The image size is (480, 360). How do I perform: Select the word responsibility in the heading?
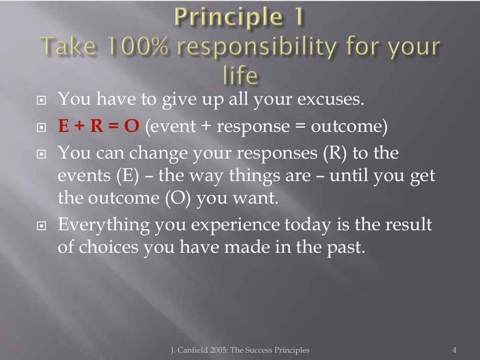tap(257, 48)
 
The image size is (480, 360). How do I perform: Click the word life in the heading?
tap(241, 75)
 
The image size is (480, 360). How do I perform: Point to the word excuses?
tap(331, 99)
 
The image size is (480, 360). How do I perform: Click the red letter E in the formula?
tap(63, 126)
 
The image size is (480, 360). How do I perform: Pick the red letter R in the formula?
tap(97, 126)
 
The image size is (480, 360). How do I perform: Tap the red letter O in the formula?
tap(132, 126)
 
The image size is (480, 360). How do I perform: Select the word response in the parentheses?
tap(253, 127)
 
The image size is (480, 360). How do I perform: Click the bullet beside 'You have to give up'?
tap(41, 100)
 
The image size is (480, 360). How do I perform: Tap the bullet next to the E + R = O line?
tap(41, 127)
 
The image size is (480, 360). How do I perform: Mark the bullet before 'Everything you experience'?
tap(41, 226)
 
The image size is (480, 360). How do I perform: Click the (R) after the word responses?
tap(335, 153)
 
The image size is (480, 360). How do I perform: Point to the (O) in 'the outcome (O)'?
tap(178, 198)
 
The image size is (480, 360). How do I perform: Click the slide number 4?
tap(454, 350)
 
